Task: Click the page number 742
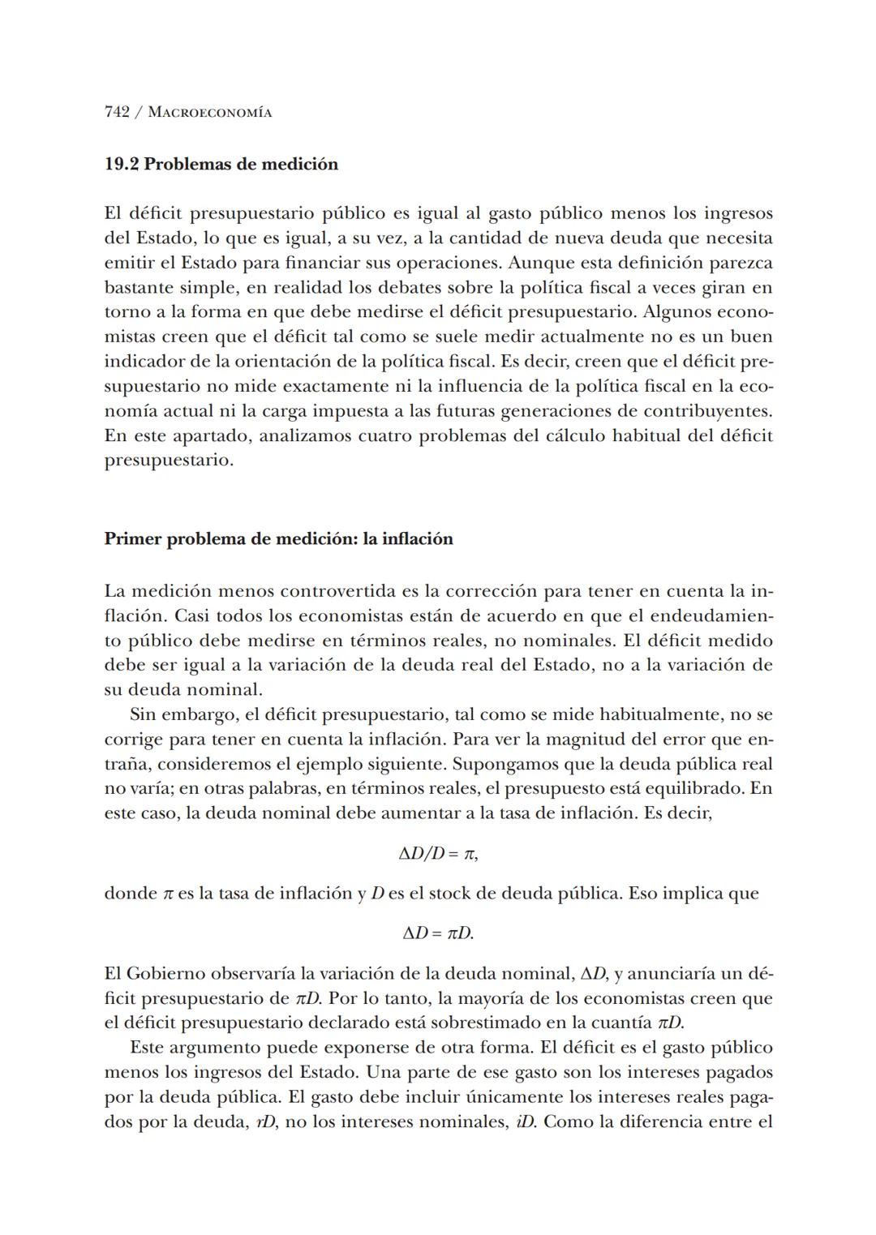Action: [x=118, y=112]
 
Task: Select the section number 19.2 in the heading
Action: [x=122, y=165]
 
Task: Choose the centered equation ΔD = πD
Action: [x=438, y=933]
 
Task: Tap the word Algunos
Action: [x=678, y=312]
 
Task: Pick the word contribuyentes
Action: [x=708, y=411]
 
